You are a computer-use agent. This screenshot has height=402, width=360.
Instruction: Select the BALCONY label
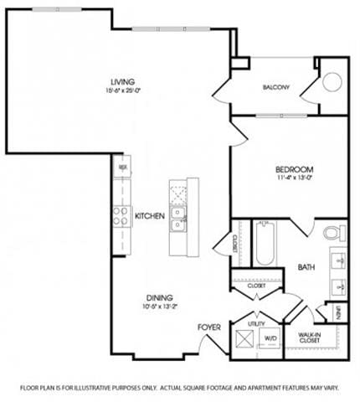275,87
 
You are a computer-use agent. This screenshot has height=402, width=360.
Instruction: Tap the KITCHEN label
149,216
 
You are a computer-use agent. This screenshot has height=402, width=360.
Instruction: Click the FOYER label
208,327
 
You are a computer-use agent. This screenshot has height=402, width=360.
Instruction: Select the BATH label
306,268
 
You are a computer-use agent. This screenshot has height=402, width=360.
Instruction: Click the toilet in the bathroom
332,232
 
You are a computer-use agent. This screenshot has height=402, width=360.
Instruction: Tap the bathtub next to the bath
265,243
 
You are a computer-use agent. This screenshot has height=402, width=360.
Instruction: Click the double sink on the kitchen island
178,219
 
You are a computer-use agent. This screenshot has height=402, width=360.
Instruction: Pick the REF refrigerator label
122,167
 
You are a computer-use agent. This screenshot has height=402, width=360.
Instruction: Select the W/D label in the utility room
270,339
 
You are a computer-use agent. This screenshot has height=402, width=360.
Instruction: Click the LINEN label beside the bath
337,312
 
